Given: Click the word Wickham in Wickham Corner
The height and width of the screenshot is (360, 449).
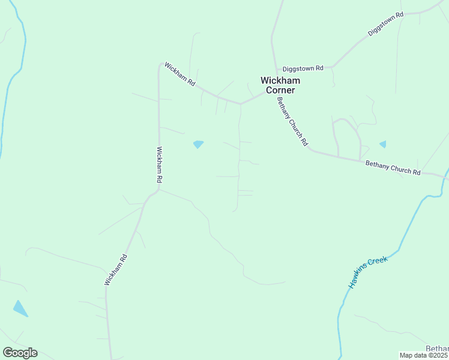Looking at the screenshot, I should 280,80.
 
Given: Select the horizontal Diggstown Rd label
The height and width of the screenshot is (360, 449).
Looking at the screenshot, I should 303,68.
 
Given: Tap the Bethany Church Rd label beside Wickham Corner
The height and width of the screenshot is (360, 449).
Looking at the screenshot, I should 292,122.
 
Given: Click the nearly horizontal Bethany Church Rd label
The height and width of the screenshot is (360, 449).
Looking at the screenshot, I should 393,167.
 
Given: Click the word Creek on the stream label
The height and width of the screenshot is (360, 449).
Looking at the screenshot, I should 380,260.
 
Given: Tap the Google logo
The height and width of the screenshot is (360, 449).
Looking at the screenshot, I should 20,353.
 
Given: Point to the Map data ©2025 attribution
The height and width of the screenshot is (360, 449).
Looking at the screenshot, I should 424,355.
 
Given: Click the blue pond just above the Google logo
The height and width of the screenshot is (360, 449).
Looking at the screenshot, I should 20,308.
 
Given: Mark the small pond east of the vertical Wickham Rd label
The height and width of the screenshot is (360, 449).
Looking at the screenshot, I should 198,144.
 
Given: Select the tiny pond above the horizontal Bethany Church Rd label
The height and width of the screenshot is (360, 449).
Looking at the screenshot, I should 383,144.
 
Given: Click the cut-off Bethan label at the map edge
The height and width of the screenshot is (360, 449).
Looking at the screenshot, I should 437,349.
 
